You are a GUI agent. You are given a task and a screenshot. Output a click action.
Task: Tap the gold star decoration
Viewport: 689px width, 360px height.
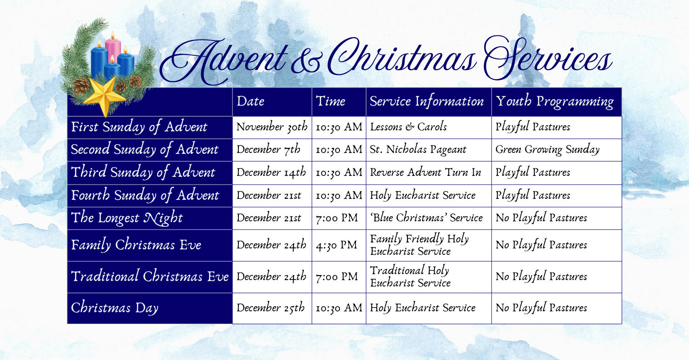coord(105,96)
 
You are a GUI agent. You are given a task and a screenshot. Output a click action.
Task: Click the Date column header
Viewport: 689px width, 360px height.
coord(250,101)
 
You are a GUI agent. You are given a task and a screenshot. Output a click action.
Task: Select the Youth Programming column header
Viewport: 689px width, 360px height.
coord(555,101)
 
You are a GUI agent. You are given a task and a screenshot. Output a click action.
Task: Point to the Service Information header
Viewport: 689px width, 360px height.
coord(427,101)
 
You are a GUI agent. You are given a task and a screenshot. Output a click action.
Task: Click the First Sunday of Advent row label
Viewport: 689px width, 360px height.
coord(139,127)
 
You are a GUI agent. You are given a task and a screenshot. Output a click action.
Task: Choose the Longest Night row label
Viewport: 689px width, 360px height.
coord(127,218)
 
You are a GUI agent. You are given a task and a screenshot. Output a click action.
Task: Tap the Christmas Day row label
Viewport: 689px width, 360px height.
coord(114,308)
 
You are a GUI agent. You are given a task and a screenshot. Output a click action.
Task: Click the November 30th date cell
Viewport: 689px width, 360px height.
coord(272,127)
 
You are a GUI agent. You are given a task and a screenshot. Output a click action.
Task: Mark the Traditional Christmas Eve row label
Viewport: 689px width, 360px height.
coord(150,276)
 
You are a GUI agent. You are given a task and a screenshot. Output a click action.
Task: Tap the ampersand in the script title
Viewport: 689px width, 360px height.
coord(306,62)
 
